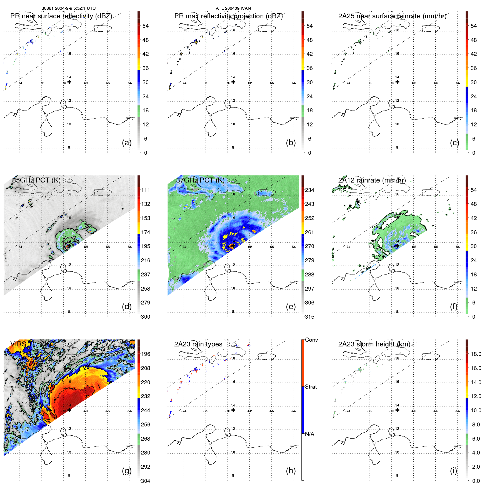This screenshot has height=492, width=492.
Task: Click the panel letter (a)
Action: point(127,143)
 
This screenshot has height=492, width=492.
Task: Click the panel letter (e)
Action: point(291,307)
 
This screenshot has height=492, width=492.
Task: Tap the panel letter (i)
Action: point(453,471)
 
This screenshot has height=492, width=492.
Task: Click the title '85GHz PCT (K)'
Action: point(36,180)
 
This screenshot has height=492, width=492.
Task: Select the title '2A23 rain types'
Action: point(198,344)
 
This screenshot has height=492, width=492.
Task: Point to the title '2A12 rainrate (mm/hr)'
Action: point(372,180)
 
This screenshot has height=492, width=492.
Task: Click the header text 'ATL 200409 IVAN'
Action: point(233,8)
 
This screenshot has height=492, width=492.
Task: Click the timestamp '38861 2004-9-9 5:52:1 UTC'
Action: point(69,8)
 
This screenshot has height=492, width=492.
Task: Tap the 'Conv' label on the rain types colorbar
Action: point(311,340)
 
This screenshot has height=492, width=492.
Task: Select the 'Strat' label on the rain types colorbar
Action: point(311,387)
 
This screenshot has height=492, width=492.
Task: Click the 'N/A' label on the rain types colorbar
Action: point(309,434)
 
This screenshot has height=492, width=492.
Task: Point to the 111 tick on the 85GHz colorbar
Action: point(145,190)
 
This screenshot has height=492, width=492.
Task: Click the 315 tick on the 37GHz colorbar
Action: point(309,317)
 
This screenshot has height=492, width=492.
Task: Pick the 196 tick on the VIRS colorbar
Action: point(145,354)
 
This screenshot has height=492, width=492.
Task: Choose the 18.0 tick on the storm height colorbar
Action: point(476,354)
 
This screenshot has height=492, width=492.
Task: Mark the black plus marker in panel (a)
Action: point(69,82)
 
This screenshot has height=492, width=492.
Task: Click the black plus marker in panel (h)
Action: point(233,410)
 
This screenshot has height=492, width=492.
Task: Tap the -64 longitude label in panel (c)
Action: point(457,83)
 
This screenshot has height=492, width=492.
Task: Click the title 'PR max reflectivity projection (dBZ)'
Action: point(228,16)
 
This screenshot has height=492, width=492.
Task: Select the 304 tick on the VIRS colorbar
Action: point(145,481)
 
